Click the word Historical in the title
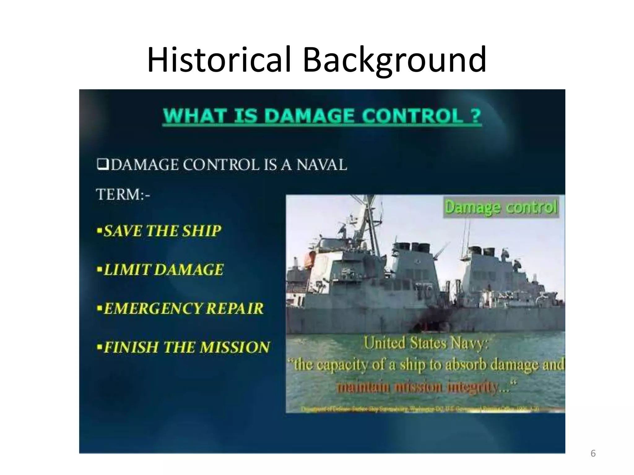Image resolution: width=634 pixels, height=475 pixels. (219, 59)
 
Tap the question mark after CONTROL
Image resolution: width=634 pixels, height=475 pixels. (475, 116)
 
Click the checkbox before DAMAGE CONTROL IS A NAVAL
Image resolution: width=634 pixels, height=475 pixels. (102, 164)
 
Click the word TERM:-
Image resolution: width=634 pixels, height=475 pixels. (123, 195)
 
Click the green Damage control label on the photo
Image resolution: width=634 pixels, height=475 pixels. (501, 207)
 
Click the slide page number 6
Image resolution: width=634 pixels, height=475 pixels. (593, 453)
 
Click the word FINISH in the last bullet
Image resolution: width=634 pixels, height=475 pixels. (131, 347)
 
